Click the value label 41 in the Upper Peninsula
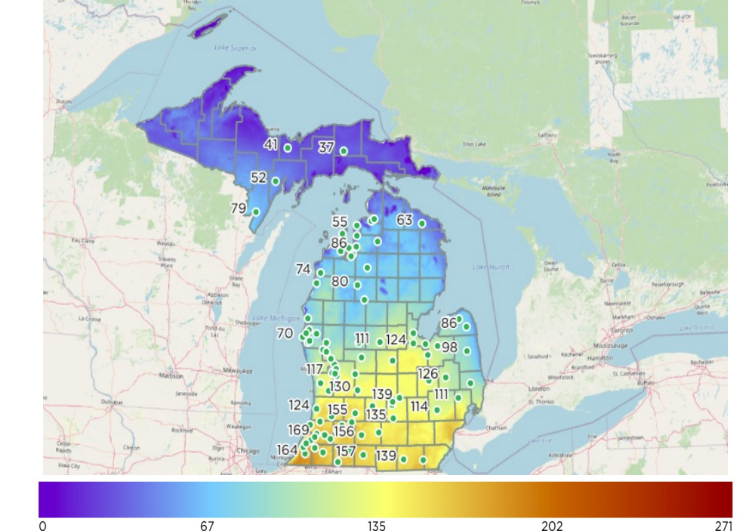[271, 144]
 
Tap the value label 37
[325, 147]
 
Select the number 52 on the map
[258, 178]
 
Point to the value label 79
[238, 208]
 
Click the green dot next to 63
[422, 224]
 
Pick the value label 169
[298, 430]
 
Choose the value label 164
[286, 450]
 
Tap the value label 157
[346, 451]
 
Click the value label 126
[427, 374]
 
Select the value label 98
[449, 347]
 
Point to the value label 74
[303, 269]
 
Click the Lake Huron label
[491, 267]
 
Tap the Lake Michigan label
[271, 318]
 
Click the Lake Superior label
[236, 48]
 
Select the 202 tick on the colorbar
[552, 526]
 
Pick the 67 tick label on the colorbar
[207, 526]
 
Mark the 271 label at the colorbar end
[723, 526]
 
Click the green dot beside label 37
[344, 151]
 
